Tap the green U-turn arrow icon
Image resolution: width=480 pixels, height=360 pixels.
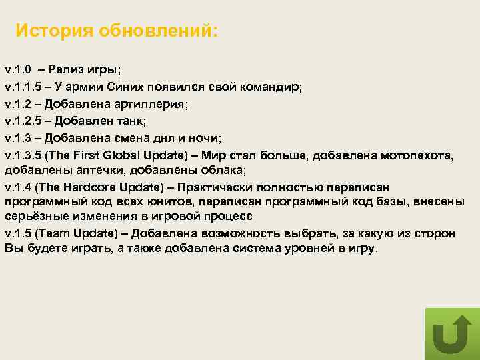452,333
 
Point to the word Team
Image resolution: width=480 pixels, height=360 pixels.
51,233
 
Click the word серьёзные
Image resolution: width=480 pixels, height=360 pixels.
32,217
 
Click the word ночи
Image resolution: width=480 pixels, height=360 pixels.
204,138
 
